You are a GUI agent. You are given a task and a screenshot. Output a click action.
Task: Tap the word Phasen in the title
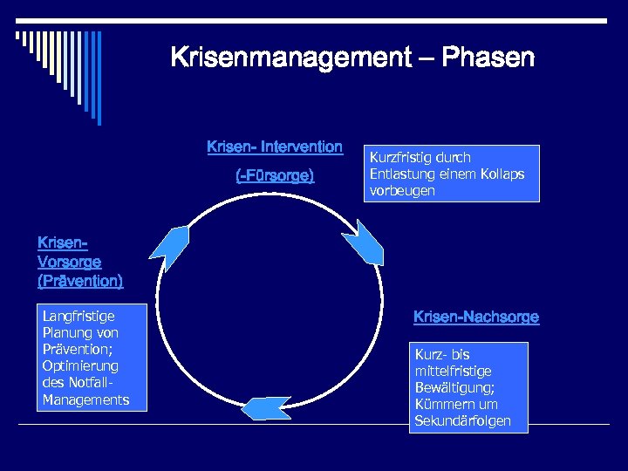pyautogui.click(x=488, y=58)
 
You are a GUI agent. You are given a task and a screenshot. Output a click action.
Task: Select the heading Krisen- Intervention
pyautogui.click(x=275, y=147)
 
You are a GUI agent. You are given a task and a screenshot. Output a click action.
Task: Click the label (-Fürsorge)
pyautogui.click(x=275, y=176)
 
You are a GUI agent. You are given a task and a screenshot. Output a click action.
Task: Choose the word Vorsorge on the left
pyautogui.click(x=70, y=262)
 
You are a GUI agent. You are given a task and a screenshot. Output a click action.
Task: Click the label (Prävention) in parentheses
pyautogui.click(x=80, y=281)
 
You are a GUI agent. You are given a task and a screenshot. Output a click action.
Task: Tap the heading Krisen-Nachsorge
pyautogui.click(x=476, y=317)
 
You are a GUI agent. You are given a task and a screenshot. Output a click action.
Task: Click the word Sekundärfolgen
pyautogui.click(x=469, y=421)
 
